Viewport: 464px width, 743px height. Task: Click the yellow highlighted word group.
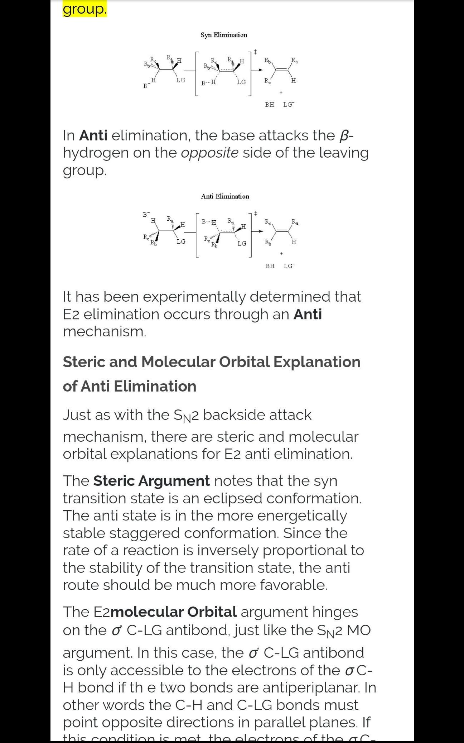click(84, 9)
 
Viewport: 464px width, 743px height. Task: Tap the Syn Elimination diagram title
click(224, 35)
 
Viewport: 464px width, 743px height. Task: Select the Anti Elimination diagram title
click(225, 196)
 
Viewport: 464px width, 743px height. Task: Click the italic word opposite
click(209, 153)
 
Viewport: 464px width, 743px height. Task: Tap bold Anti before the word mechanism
click(307, 314)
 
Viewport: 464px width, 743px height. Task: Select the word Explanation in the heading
click(317, 362)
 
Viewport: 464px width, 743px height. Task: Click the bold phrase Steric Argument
click(151, 481)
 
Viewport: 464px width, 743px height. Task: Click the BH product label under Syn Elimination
click(270, 105)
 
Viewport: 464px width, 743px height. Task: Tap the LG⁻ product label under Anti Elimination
click(288, 266)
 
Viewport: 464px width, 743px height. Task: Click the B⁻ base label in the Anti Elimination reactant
click(145, 215)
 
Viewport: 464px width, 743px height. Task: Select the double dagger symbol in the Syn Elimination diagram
click(255, 52)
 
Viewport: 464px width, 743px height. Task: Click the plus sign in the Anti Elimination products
click(281, 254)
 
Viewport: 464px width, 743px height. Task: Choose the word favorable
click(293, 585)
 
